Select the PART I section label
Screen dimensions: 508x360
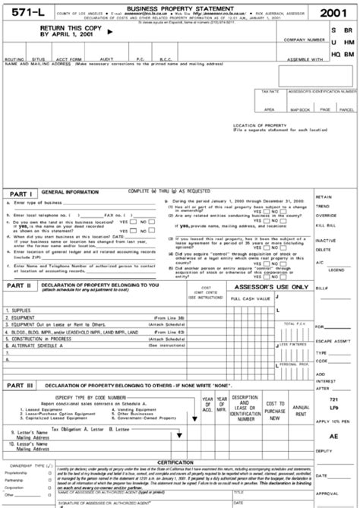tap(19, 194)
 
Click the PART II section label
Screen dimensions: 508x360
tap(20, 286)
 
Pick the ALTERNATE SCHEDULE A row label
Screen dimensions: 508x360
tap(38, 345)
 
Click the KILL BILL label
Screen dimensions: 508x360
tap(327, 226)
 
